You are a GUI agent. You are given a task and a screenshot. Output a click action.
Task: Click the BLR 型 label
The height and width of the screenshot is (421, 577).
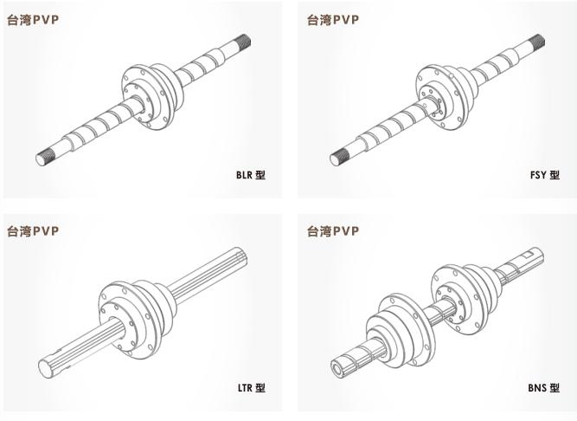point(251,175)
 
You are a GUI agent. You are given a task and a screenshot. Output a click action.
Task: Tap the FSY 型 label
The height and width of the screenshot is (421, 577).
point(545,175)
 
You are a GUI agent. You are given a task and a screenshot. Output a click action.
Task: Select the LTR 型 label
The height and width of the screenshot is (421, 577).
point(252,387)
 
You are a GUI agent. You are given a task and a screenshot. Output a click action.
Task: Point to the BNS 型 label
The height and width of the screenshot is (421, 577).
point(544,387)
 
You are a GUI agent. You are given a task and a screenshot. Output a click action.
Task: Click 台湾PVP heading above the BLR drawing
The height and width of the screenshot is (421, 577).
point(33,20)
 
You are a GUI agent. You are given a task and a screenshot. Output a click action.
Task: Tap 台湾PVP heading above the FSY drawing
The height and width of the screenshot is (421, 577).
point(333,20)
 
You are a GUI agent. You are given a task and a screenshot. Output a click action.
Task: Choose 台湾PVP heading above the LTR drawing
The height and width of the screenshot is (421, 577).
point(33,231)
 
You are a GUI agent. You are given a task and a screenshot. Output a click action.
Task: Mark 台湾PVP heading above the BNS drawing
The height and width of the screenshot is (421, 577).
point(333,231)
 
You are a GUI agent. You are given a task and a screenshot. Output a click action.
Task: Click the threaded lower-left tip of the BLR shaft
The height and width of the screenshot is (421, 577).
point(44,158)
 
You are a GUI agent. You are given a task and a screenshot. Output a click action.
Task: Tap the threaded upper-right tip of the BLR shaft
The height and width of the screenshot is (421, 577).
point(244,40)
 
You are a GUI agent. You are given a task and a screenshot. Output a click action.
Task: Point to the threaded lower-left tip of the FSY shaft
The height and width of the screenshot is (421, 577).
point(338,158)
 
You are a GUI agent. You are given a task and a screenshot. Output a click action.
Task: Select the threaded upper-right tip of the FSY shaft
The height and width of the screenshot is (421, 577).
point(538,41)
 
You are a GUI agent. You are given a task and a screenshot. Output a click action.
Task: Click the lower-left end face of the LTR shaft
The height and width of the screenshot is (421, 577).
point(46,369)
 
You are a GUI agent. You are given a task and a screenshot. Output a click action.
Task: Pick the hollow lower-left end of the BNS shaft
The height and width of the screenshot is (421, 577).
point(338,366)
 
